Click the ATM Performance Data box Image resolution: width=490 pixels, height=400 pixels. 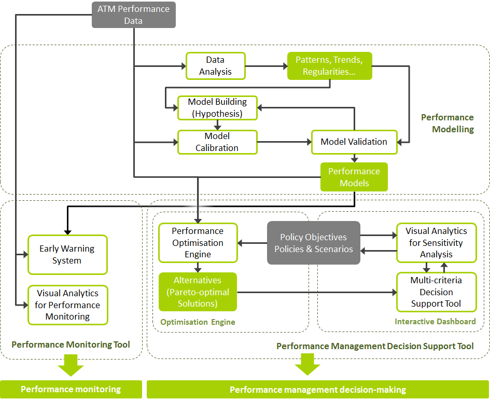pyautogui.click(x=134, y=15)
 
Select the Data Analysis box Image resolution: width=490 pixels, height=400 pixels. pyautogui.click(x=215, y=66)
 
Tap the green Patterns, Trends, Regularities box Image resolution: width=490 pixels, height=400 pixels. pyautogui.click(x=329, y=66)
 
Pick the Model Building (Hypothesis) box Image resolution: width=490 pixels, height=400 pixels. pyautogui.click(x=217, y=107)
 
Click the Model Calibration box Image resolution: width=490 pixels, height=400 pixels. pyautogui.click(x=217, y=142)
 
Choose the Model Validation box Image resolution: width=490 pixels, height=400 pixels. pyautogui.click(x=354, y=142)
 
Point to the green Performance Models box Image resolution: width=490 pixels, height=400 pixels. pyautogui.click(x=354, y=177)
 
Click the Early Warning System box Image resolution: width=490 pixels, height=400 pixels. pyautogui.click(x=67, y=254)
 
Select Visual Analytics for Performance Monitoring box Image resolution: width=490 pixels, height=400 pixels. pyautogui.click(x=67, y=305)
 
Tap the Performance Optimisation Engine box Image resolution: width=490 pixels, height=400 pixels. pyautogui.click(x=198, y=242)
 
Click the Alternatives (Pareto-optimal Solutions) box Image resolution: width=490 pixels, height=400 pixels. pyautogui.click(x=198, y=292)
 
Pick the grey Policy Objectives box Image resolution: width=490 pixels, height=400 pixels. pyautogui.click(x=313, y=243)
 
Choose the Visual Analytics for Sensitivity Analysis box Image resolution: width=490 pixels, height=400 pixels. pyautogui.click(x=436, y=242)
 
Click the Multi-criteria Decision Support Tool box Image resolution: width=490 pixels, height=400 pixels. pyautogui.click(x=436, y=292)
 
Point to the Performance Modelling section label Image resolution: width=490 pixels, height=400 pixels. pyautogui.click(x=447, y=123)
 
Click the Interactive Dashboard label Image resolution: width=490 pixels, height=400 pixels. pyautogui.click(x=435, y=322)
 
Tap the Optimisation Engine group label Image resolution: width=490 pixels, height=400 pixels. pyautogui.click(x=198, y=322)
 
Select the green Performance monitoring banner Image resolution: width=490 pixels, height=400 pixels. pyautogui.click(x=71, y=389)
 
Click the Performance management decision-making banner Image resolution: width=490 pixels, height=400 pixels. pyautogui.click(x=317, y=390)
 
